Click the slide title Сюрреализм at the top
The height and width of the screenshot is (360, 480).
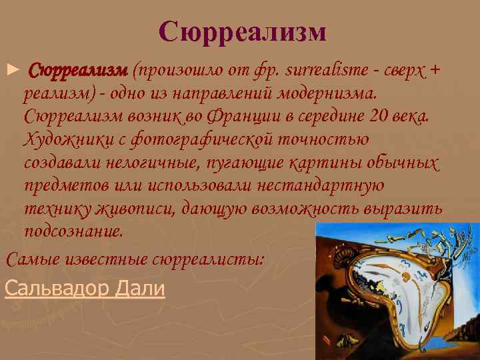click(x=243, y=31)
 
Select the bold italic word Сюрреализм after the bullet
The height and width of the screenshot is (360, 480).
click(x=78, y=70)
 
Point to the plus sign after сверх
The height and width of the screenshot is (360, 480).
click(x=435, y=70)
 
